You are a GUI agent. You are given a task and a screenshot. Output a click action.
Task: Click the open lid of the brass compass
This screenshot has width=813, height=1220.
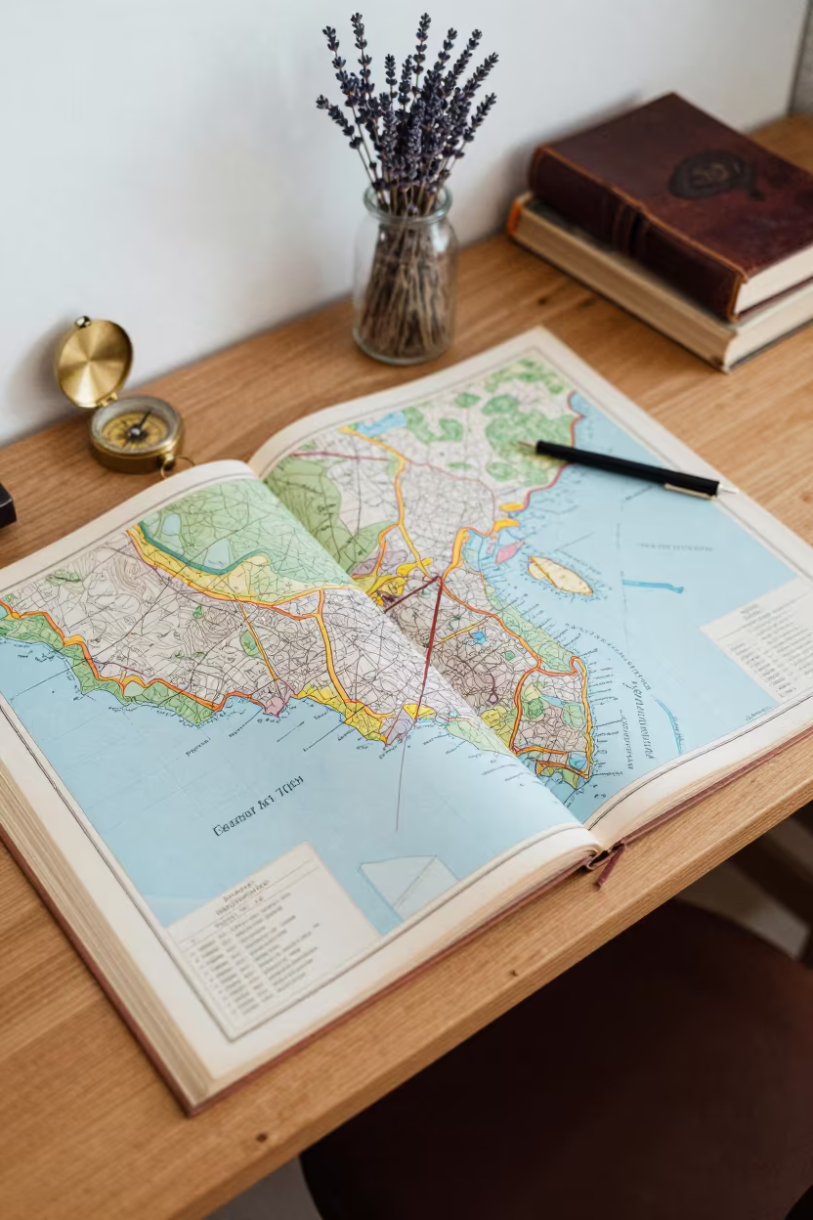point(93,362)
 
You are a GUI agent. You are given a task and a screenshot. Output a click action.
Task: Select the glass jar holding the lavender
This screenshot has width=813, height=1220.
point(404,283)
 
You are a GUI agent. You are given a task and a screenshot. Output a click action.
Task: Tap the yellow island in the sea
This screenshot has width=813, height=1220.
point(560,576)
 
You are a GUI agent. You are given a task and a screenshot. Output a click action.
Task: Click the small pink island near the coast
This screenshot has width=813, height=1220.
point(508,551)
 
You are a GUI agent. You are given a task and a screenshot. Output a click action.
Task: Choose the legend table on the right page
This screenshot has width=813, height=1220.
point(762,645)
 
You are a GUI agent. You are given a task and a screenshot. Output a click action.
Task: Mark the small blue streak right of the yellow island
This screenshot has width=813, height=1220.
point(652,586)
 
